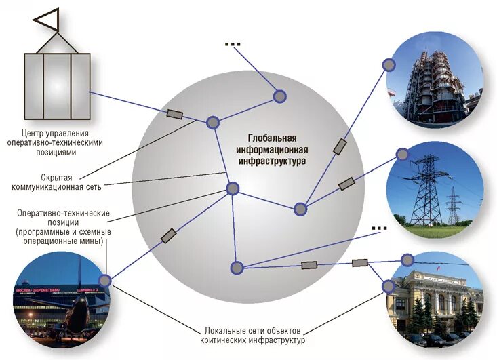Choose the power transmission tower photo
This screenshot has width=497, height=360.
pyautogui.click(x=435, y=189)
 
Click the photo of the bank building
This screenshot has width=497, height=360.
pyautogui.click(x=434, y=302)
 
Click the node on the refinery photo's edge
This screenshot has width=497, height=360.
pyautogui.click(x=389, y=65)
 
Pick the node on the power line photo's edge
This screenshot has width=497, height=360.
pyautogui.click(x=403, y=155)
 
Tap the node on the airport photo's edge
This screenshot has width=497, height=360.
pyautogui.click(x=104, y=280)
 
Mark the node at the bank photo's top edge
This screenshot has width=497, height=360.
pyautogui.click(x=407, y=260)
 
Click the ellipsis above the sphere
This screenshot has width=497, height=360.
pyautogui.click(x=233, y=44)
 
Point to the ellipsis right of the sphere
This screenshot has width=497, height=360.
pyautogui.click(x=379, y=228)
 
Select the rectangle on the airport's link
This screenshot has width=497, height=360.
pyautogui.click(x=168, y=236)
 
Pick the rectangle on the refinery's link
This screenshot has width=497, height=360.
pyautogui.click(x=340, y=146)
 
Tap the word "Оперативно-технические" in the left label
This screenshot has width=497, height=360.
pyautogui.click(x=63, y=213)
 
